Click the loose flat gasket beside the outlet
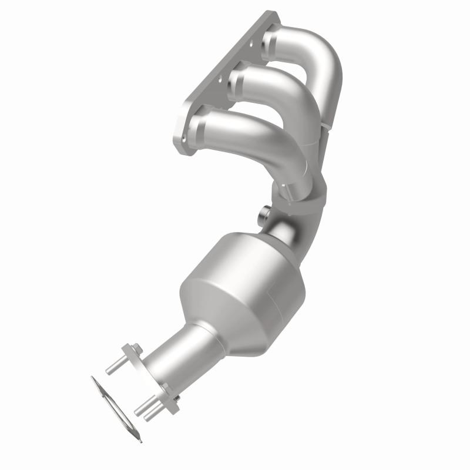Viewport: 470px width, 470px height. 115,405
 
